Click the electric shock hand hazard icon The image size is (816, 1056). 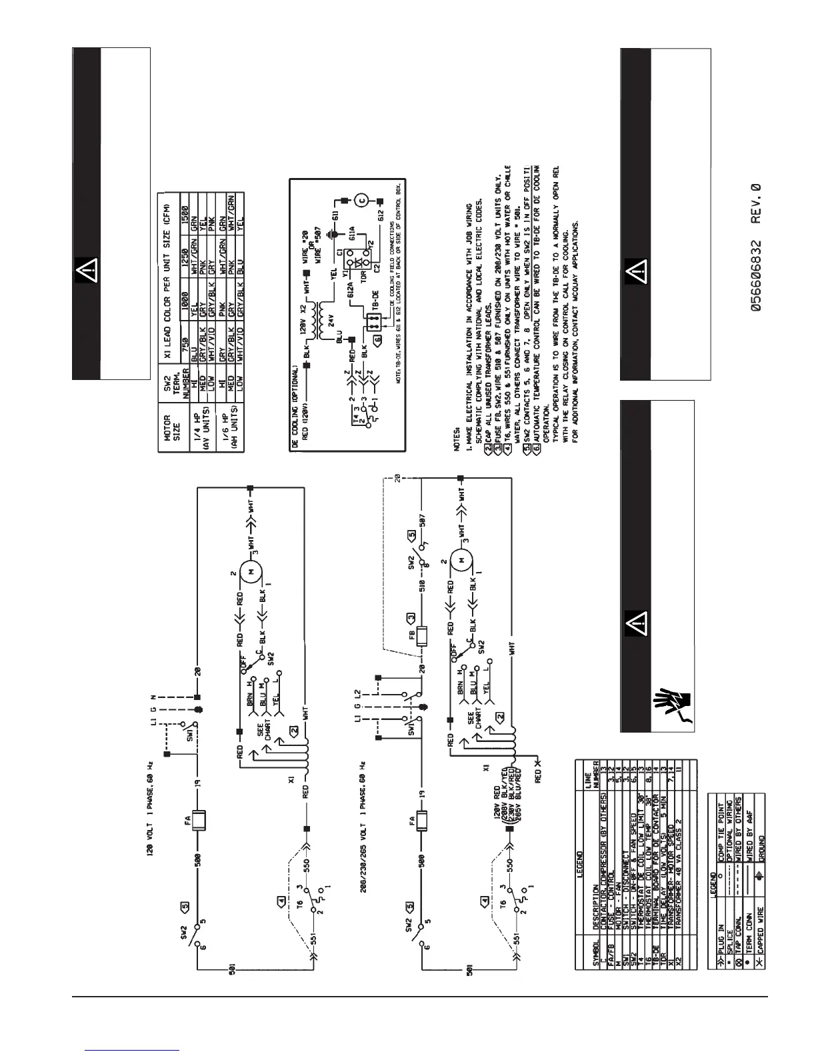click(669, 709)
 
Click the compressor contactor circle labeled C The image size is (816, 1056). click(359, 199)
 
